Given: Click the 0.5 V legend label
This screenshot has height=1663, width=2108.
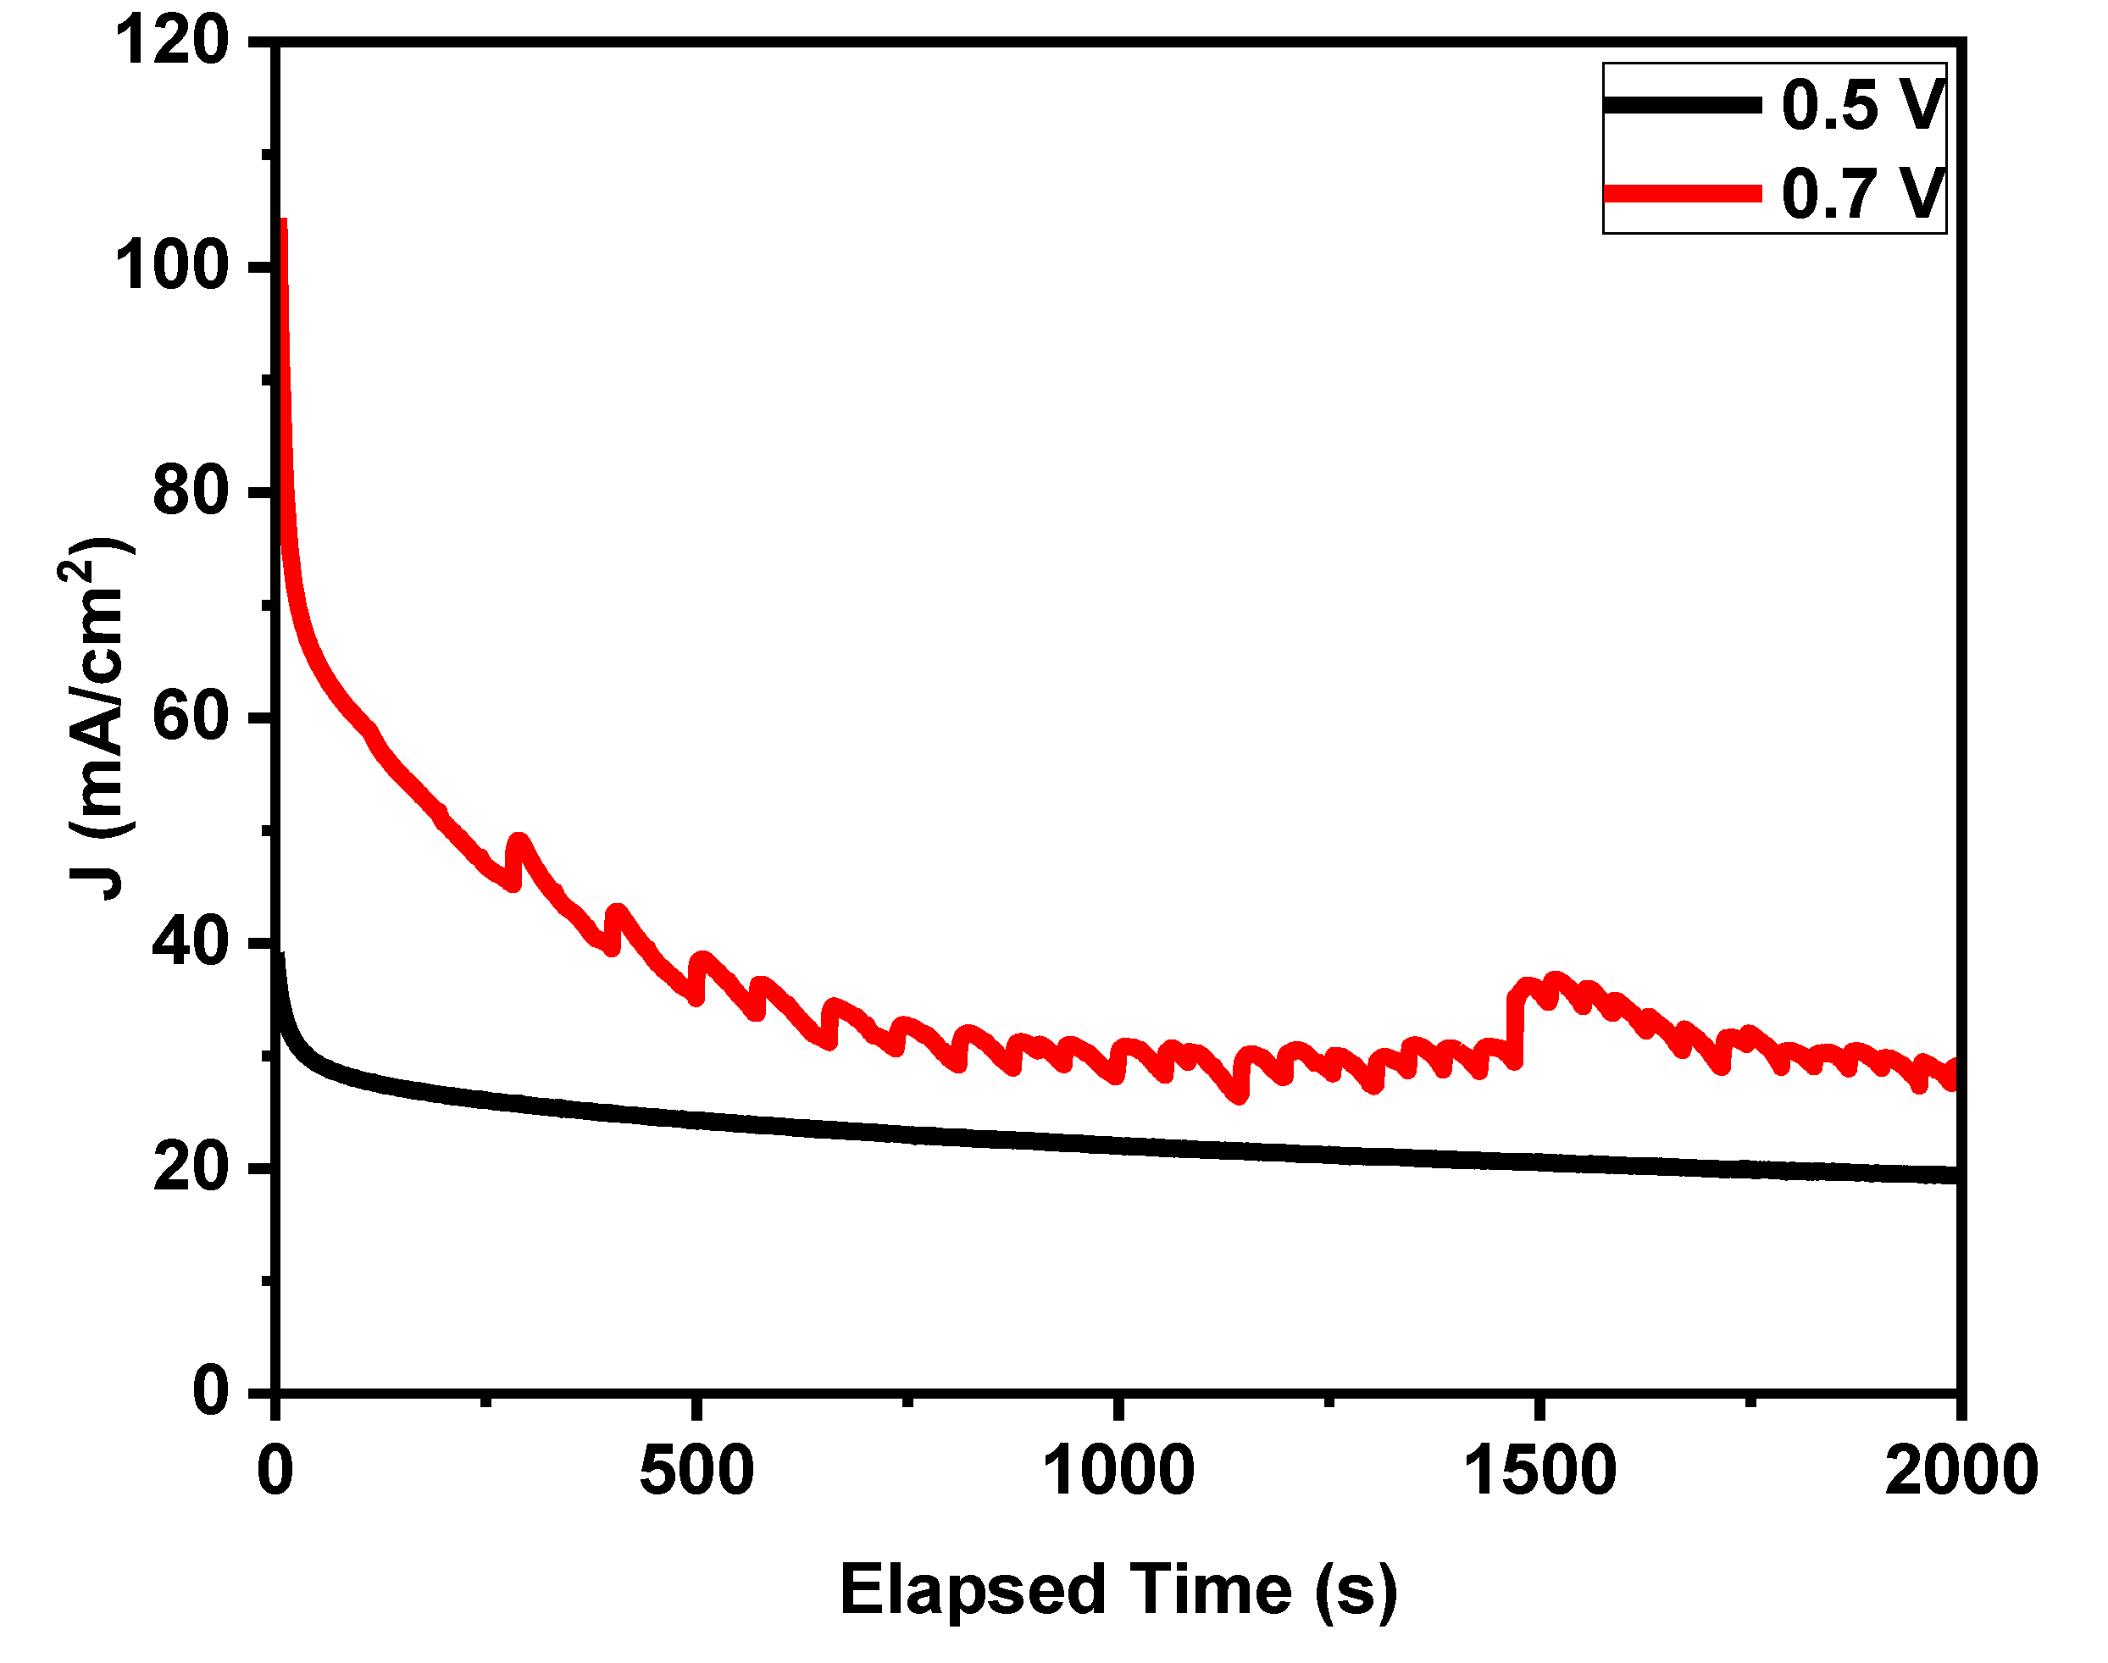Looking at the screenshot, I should pos(1861,104).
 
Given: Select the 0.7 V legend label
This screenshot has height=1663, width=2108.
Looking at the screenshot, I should pos(1861,193).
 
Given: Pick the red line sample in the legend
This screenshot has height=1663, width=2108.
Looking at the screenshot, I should pos(1682,194).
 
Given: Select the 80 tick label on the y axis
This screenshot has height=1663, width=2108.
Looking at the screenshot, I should pos(191,491).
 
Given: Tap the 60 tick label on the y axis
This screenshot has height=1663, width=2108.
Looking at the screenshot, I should pos(191,717).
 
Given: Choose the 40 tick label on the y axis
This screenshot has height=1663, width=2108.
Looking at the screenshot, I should pos(191,941).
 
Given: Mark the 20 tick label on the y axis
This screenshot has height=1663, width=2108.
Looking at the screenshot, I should pos(191,1167).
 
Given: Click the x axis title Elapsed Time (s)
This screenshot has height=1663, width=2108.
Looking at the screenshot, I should pos(1118,1590).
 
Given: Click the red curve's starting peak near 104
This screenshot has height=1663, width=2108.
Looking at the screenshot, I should pos(283,222).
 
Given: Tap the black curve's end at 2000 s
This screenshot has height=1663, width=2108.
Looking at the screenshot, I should pos(1953,1175).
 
